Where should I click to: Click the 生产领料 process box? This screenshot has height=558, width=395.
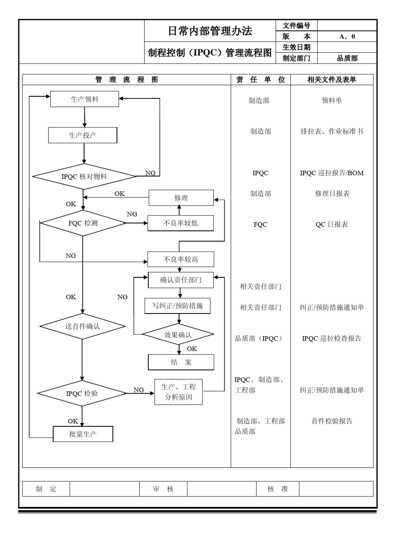tap(84, 99)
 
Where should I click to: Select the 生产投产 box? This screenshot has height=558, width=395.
tap(83, 135)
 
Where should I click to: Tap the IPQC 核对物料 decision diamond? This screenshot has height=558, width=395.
tap(84, 176)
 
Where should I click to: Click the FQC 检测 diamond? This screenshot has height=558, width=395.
tap(83, 223)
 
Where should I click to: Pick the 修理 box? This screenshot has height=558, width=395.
tap(181, 198)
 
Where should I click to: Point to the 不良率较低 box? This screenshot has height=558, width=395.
tap(180, 223)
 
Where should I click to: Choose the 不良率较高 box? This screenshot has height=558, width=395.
tap(180, 259)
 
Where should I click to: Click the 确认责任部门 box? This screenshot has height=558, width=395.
tap(180, 280)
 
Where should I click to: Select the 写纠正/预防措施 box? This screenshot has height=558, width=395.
tap(178, 306)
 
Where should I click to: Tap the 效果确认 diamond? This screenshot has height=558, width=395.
tap(178, 335)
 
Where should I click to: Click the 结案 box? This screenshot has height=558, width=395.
tap(181, 362)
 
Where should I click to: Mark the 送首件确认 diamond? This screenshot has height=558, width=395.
tap(82, 326)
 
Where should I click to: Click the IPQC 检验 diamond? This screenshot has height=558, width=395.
tap(82, 393)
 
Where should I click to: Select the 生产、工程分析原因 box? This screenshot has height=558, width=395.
tap(178, 392)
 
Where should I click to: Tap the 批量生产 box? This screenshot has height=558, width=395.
tap(83, 434)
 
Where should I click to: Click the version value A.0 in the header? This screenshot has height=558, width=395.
tap(347, 37)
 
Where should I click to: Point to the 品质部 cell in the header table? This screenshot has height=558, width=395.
tap(347, 59)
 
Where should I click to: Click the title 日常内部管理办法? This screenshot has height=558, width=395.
tap(210, 31)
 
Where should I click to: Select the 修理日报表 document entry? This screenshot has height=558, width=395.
tap(332, 194)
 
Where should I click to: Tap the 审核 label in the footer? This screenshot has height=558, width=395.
tap(163, 489)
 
